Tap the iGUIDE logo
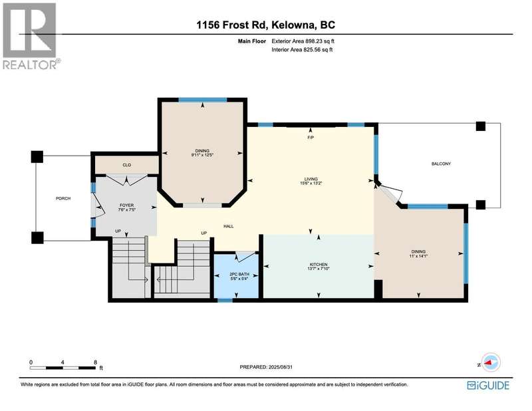coord(488,385)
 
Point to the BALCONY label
coord(441,164)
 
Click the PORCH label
coord(63,199)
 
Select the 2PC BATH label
coord(239,274)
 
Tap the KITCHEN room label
coord(319,265)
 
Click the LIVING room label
coord(311,179)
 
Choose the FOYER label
coord(126,205)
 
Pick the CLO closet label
coord(126,165)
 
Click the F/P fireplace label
coord(311,138)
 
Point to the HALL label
coord(228,226)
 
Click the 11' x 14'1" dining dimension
coord(418,256)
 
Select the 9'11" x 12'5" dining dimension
coord(202,155)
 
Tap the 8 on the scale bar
coord(95,362)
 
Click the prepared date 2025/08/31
coord(280,367)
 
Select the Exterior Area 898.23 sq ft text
coord(303,41)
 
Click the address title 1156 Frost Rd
coord(232,25)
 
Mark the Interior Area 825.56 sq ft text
coord(302,50)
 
